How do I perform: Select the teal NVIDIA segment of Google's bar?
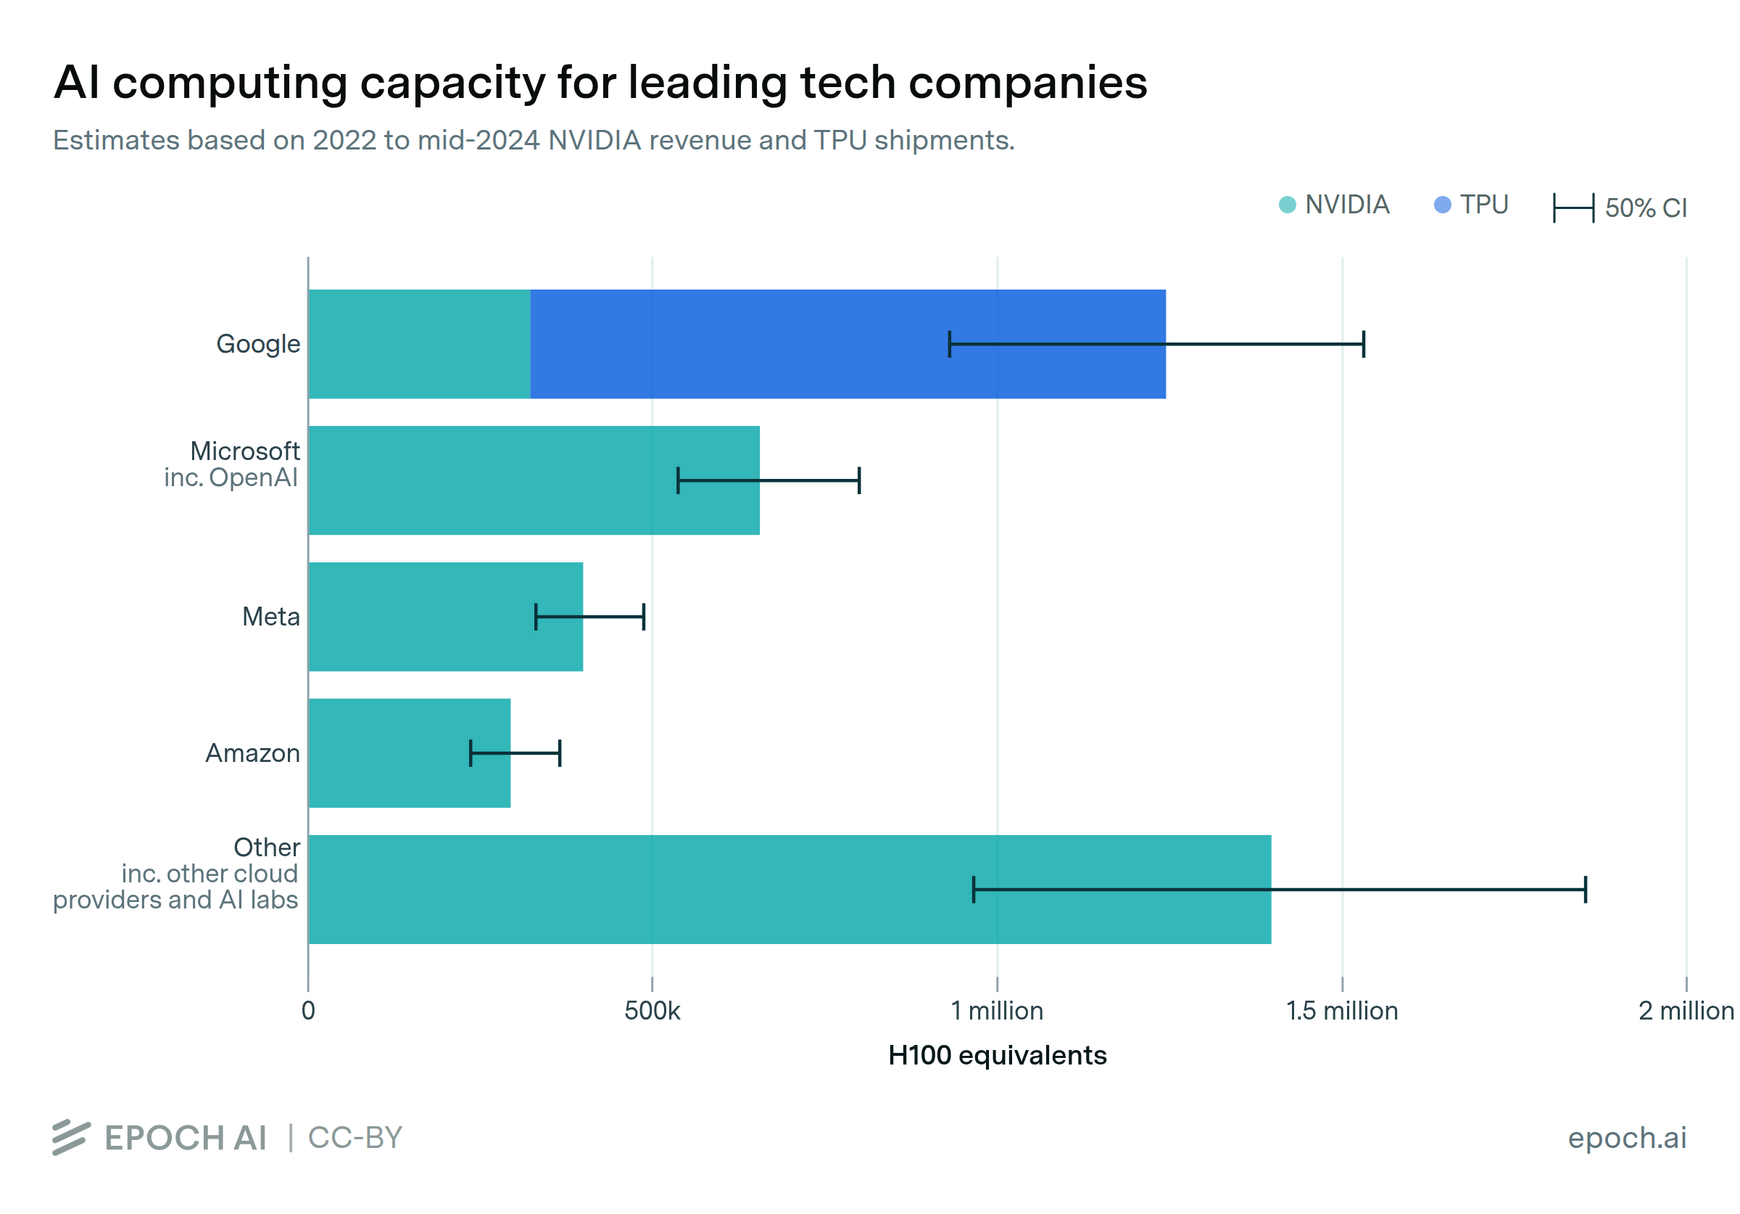pyautogui.click(x=419, y=343)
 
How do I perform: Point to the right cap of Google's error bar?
pyautogui.click(x=1363, y=343)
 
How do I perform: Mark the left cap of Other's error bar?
pyautogui.click(x=974, y=889)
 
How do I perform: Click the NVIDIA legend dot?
pyautogui.click(x=1287, y=205)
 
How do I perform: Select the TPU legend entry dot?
pyautogui.click(x=1442, y=205)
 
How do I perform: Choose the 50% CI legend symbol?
pyautogui.click(x=1573, y=208)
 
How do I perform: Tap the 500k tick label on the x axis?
pyautogui.click(x=652, y=1011)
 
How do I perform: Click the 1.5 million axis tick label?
pyautogui.click(x=1341, y=1011)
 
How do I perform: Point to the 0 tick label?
pyautogui.click(x=307, y=1011)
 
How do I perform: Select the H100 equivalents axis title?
pyautogui.click(x=997, y=1055)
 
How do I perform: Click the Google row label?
pyautogui.click(x=257, y=343)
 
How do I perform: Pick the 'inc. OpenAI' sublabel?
pyautogui.click(x=231, y=477)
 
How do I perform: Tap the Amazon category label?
pyautogui.click(x=252, y=753)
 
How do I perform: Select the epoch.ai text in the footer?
pyautogui.click(x=1626, y=1137)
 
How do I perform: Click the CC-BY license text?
pyautogui.click(x=355, y=1137)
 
